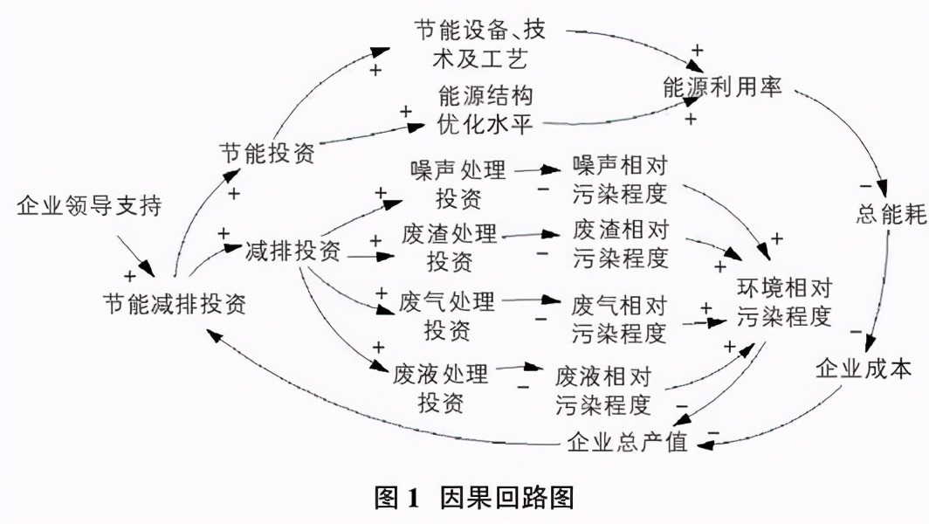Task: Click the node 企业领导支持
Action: click(x=89, y=207)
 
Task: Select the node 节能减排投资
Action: click(x=175, y=303)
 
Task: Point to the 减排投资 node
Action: click(x=293, y=252)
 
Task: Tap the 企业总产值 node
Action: click(x=627, y=442)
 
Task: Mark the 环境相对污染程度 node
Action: click(x=782, y=301)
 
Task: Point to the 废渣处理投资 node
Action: click(x=450, y=247)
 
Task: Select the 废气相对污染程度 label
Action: click(x=619, y=319)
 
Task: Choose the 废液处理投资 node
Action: click(x=441, y=389)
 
